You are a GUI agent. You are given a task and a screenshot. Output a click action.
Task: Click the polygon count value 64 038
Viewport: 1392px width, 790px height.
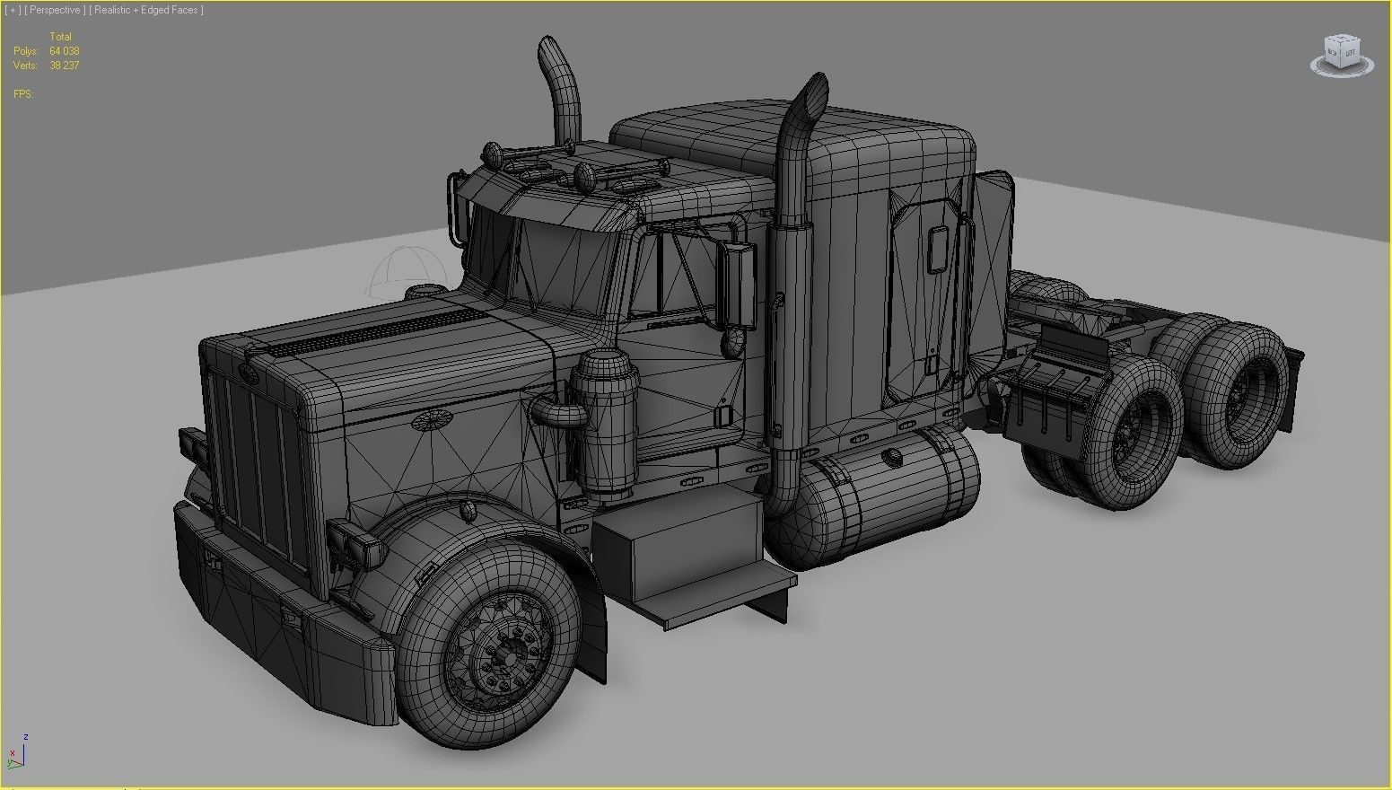[65, 51]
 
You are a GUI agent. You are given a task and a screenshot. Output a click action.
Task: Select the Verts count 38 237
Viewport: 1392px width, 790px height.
[65, 66]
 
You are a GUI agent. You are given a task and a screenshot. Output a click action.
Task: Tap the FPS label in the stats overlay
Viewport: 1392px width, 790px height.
[23, 94]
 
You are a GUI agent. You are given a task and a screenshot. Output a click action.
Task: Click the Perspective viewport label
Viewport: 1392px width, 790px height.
[55, 10]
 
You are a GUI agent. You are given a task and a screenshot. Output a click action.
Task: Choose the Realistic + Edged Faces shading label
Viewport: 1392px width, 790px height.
[146, 10]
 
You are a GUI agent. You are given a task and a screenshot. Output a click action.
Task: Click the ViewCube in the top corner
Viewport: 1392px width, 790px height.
[1341, 55]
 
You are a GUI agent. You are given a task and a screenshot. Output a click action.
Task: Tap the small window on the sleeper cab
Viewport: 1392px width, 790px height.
[938, 250]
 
